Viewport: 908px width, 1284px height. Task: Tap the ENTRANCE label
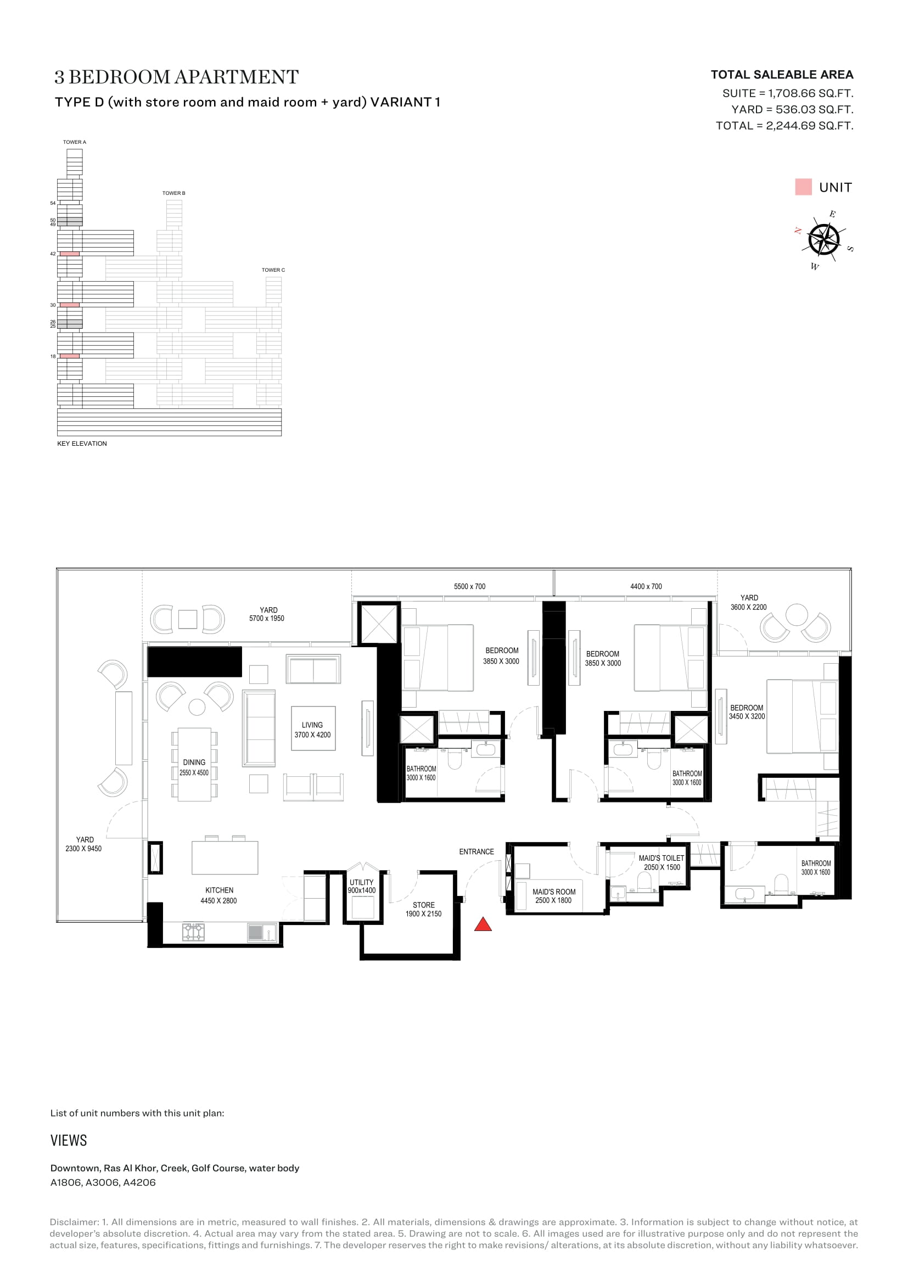(477, 852)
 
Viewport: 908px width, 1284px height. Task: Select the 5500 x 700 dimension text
(470, 587)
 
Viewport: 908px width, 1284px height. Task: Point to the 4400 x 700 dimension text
(646, 587)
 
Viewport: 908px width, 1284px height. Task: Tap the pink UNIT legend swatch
(803, 187)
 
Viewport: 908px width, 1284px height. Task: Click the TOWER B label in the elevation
(174, 193)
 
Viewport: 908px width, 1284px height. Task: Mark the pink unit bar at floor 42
(69, 254)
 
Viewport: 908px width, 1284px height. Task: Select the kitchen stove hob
(193, 932)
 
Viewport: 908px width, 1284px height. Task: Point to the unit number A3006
(103, 1183)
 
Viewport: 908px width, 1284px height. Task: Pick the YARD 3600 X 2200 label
(749, 602)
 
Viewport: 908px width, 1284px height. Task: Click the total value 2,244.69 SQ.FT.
(810, 126)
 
